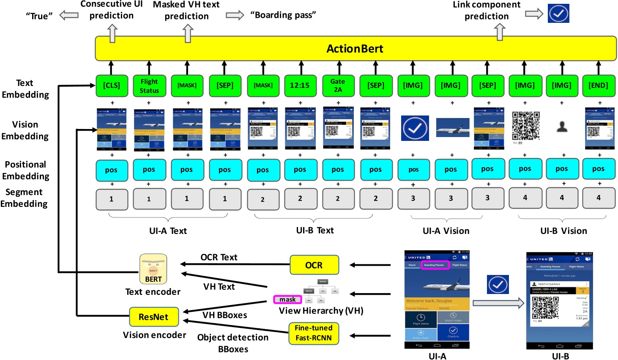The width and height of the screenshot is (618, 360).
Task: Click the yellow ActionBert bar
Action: click(x=355, y=49)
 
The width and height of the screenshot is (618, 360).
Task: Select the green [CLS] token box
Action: click(x=112, y=85)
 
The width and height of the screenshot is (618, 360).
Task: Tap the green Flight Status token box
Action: click(x=149, y=86)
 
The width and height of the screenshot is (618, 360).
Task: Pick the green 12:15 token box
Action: click(x=300, y=85)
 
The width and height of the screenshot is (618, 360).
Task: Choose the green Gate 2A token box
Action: click(x=338, y=85)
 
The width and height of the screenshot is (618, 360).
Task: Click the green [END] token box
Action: click(x=599, y=85)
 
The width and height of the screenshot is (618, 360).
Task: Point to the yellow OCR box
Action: click(x=314, y=265)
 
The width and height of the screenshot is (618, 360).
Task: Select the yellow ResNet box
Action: click(x=153, y=317)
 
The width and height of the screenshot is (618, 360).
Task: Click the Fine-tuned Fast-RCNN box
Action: click(x=314, y=333)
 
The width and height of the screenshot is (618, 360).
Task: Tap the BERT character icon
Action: click(x=153, y=269)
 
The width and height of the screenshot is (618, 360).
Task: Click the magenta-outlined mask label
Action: click(x=287, y=300)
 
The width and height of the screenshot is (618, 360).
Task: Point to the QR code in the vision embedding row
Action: click(x=526, y=126)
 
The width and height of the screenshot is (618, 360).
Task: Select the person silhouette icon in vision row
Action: click(x=562, y=126)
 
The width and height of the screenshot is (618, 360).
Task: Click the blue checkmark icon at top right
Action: click(x=558, y=14)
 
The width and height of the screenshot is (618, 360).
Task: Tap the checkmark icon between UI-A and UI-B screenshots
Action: click(x=498, y=285)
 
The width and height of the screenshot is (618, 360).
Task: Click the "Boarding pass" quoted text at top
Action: click(x=283, y=15)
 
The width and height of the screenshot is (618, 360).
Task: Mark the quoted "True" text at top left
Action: click(x=39, y=16)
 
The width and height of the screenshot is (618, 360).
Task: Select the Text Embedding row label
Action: click(x=25, y=89)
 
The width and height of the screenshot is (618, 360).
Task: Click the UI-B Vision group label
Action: click(x=563, y=231)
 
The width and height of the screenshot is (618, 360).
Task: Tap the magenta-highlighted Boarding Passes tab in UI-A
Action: click(x=434, y=265)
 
